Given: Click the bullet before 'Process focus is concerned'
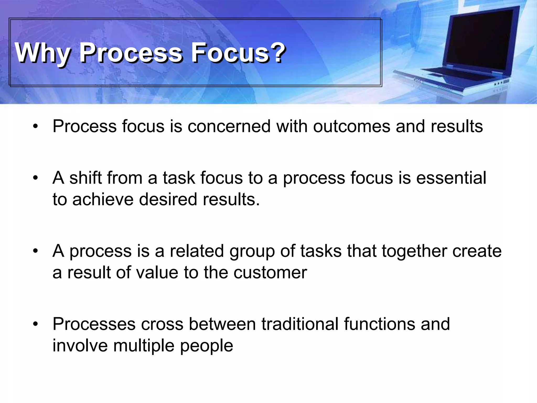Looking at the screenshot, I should pyautogui.click(x=35, y=127).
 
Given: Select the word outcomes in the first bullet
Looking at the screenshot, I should pyautogui.click(x=352, y=126).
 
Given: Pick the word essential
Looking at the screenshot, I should pyautogui.click(x=451, y=178).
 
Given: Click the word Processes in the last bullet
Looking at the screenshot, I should pyautogui.click(x=94, y=324).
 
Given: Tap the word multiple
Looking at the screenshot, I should pyautogui.click(x=144, y=346).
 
